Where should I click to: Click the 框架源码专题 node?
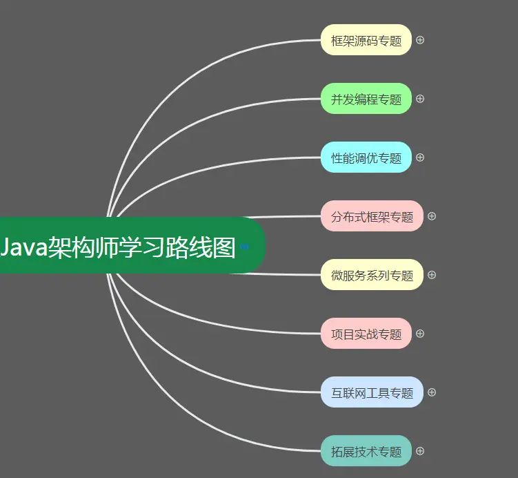[366, 40]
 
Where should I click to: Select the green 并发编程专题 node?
[366, 99]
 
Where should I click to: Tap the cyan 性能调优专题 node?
[366, 157]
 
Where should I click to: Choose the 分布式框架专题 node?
[372, 216]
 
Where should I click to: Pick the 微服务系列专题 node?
[372, 275]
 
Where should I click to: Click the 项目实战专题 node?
[366, 334]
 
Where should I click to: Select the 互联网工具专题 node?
[372, 392]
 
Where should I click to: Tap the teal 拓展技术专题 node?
[366, 451]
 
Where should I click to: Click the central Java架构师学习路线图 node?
[124, 246]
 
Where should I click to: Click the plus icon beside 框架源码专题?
[420, 40]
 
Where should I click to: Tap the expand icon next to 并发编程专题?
[420, 99]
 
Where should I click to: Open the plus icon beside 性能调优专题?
[420, 157]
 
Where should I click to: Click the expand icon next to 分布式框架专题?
[432, 216]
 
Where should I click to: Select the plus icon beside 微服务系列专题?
[432, 275]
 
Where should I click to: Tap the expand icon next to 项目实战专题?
[420, 334]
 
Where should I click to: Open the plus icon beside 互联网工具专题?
[432, 392]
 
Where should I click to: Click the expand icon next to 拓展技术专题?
[420, 451]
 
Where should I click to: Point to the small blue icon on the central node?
[245, 246]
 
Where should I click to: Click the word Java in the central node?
[22, 247]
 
